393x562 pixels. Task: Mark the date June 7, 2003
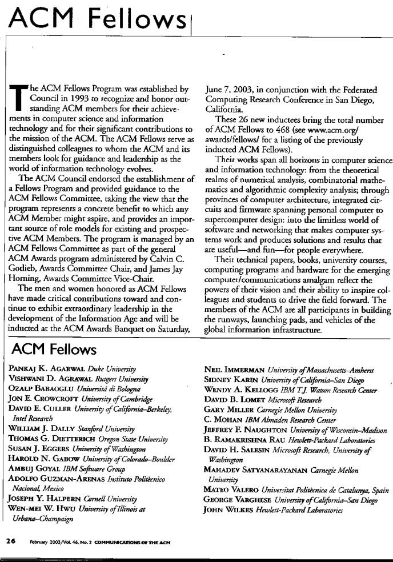click(x=228, y=89)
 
